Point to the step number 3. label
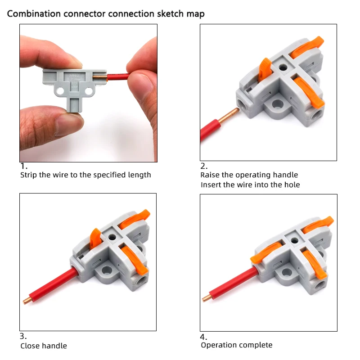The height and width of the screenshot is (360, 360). tap(23, 336)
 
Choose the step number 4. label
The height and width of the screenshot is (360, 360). tap(204, 337)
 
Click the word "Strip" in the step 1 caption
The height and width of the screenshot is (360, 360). tap(29, 175)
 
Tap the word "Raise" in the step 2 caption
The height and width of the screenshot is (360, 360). tap(211, 175)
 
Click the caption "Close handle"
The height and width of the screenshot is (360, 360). tap(44, 346)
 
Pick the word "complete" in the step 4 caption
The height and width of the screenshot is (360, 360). tap(256, 345)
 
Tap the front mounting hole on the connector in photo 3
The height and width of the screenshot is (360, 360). tap(107, 270)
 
